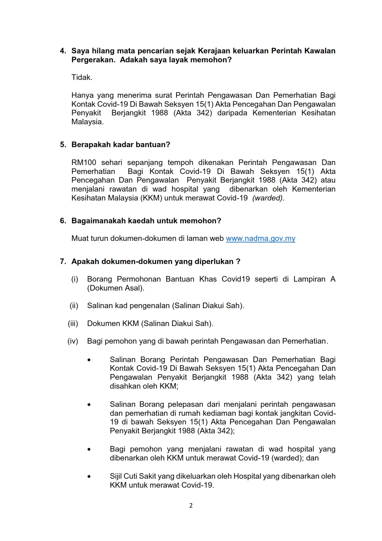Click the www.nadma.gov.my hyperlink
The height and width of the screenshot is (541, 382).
261,238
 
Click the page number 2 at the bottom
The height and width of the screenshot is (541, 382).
191,506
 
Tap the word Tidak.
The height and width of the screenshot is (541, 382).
82,77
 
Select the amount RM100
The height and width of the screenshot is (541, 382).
84,163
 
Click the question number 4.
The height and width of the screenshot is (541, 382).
63,51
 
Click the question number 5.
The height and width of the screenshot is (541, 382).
63,145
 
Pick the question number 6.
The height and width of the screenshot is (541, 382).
63,221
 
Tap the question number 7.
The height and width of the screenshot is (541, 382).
63,262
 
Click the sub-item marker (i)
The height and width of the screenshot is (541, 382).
75,279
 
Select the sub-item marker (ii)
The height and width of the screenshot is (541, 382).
74,306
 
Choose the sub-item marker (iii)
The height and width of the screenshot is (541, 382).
73,324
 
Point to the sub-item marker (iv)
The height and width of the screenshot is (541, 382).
73,341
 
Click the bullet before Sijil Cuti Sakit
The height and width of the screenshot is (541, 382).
89,477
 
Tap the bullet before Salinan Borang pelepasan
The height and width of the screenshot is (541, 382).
89,405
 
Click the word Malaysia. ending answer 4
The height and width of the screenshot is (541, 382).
88,122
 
